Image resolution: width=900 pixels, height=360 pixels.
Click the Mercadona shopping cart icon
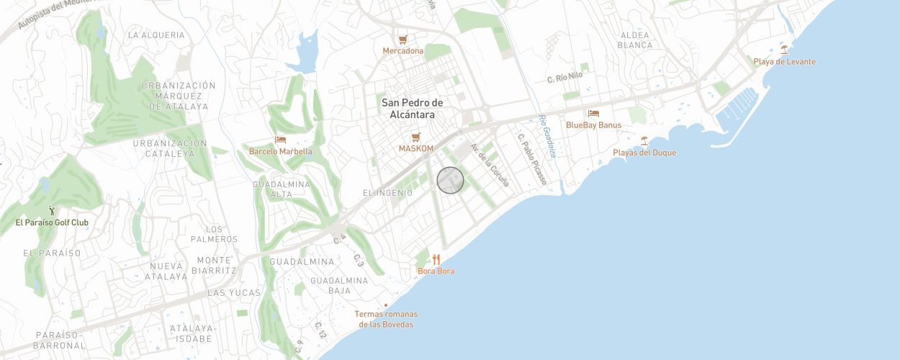point(403,39)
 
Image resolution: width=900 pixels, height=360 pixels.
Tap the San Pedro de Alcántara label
point(413,109)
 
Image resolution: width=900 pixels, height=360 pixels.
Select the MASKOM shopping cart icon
point(415,137)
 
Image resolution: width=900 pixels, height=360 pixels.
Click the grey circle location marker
point(450,180)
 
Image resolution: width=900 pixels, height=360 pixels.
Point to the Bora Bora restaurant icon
point(436,259)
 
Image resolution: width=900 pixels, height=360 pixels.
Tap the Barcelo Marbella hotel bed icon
point(281,140)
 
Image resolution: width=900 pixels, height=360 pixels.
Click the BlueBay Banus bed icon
point(593,113)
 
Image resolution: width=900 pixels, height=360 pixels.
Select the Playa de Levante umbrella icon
point(784,50)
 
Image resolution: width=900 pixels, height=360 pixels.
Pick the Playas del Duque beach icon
point(644,140)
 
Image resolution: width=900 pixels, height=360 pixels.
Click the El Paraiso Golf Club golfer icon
point(52,211)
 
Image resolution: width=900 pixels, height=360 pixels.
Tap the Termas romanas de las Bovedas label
point(386,319)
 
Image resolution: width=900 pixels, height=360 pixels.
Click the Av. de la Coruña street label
point(490,165)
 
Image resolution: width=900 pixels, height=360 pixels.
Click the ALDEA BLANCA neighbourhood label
point(635,40)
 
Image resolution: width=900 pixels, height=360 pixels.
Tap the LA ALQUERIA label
point(156,35)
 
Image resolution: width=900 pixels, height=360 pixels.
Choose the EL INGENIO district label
point(387,193)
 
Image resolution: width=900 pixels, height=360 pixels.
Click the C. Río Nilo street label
point(564,77)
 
